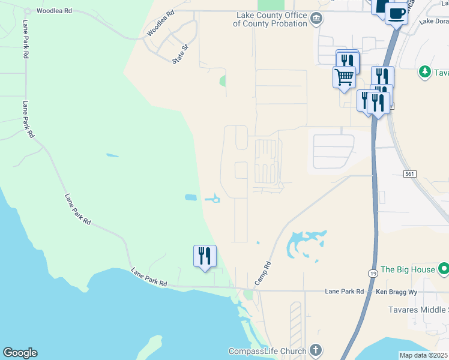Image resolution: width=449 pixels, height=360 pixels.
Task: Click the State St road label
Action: pyautogui.click(x=181, y=53)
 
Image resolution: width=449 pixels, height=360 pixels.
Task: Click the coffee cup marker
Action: pyautogui.click(x=396, y=13)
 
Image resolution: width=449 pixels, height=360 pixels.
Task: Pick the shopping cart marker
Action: pyautogui.click(x=344, y=77)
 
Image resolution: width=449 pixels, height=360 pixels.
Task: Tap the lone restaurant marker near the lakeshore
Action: pyautogui.click(x=205, y=256)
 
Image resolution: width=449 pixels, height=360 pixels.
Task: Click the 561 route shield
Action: pyautogui.click(x=410, y=173)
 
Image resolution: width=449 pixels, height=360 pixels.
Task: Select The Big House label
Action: pyautogui.click(x=408, y=269)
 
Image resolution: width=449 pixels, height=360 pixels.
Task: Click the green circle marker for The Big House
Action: pyautogui.click(x=444, y=268)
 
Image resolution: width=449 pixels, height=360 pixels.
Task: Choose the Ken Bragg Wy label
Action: pyautogui.click(x=396, y=292)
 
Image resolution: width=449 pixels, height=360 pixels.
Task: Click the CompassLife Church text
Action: pyautogui.click(x=268, y=351)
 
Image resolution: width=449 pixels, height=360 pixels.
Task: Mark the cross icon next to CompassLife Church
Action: pyautogui.click(x=316, y=350)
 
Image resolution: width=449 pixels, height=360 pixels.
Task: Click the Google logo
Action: pyautogui.click(x=20, y=353)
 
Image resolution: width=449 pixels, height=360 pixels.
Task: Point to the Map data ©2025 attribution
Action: pyautogui.click(x=423, y=355)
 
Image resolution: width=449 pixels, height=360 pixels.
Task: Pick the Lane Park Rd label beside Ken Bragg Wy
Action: pyautogui.click(x=345, y=292)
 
